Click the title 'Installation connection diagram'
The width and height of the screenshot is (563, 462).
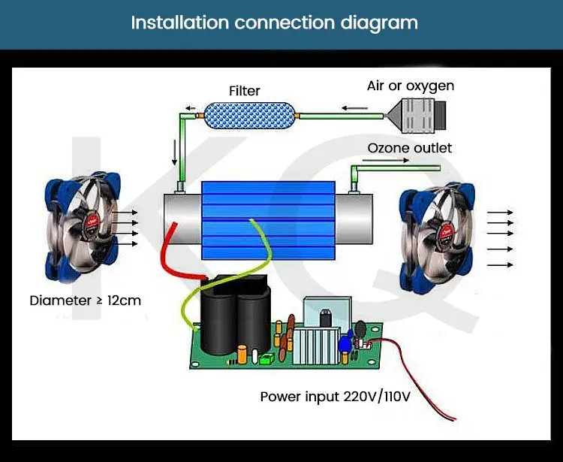(x=274, y=22)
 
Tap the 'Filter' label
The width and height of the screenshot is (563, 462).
(x=244, y=91)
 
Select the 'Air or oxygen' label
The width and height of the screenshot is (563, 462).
(x=410, y=86)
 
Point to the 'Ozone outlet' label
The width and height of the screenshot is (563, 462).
(x=409, y=148)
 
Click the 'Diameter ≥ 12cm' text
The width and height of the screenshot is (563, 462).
(x=85, y=300)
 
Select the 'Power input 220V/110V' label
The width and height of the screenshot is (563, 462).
(x=336, y=396)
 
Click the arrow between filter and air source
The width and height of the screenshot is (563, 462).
(x=349, y=108)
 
